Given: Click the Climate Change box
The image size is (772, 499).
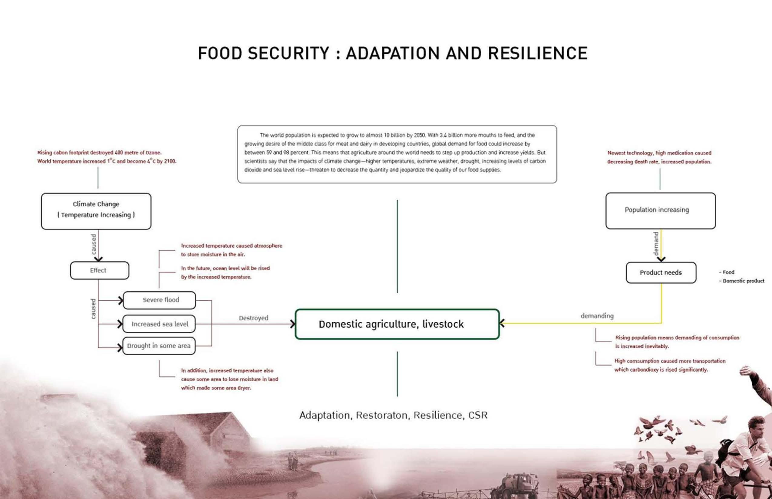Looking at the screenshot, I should (96, 211).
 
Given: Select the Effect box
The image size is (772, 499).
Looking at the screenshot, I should (99, 271).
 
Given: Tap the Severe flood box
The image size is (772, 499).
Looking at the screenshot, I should (159, 300).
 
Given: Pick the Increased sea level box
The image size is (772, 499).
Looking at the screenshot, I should (159, 324).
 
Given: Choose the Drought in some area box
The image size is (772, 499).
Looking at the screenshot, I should (159, 346).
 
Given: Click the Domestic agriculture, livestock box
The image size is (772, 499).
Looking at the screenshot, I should (397, 324).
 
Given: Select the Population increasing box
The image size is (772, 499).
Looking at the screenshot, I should (660, 210).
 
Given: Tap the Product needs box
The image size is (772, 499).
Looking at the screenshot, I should (661, 272).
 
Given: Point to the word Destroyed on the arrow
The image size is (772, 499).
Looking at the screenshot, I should (254, 318).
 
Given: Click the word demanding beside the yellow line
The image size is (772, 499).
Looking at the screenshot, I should (597, 316).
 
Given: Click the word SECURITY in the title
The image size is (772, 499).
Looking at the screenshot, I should (288, 54).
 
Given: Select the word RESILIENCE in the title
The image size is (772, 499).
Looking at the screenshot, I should (537, 54).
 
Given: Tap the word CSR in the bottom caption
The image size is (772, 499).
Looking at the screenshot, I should (477, 415).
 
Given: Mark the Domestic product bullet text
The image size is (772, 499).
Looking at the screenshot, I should (743, 281).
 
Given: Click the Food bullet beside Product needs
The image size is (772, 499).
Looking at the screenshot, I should (728, 272).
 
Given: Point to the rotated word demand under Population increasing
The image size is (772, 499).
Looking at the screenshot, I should (656, 244).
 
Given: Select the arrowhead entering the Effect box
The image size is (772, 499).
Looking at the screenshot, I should (98, 259).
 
